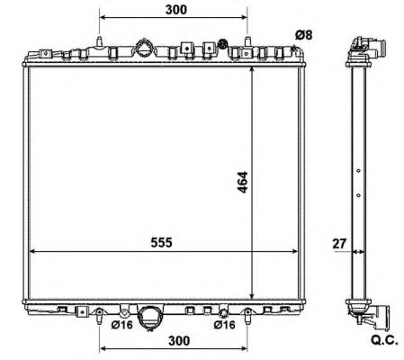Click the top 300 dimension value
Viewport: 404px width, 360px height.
[176, 10]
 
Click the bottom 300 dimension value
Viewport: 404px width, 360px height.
[179, 341]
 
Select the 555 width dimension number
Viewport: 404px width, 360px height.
[161, 242]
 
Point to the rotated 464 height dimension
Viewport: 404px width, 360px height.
[242, 182]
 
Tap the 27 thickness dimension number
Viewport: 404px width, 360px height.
[339, 244]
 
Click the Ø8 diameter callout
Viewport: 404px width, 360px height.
[304, 35]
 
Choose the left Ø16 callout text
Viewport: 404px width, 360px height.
[121, 325]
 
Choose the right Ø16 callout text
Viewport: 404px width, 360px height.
[225, 325]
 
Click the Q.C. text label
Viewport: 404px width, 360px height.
[384, 340]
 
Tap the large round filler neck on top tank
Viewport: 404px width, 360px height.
[143, 48]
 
